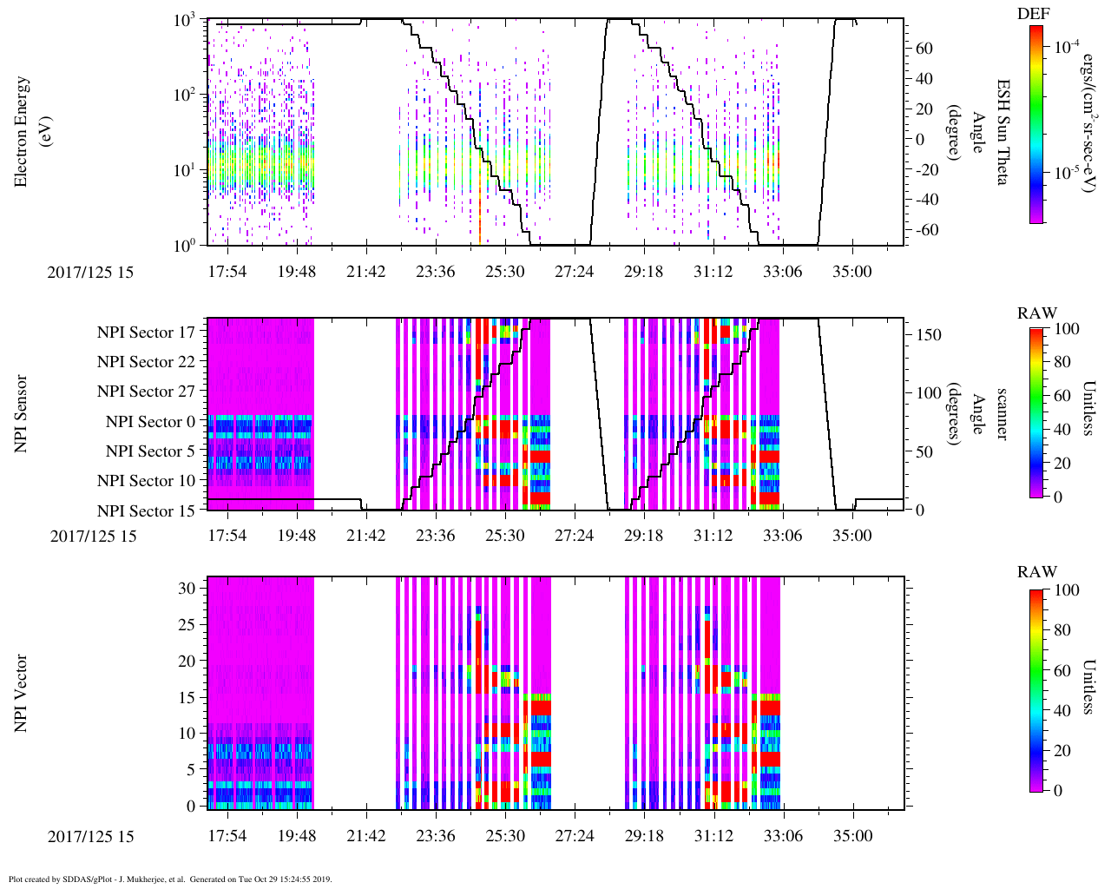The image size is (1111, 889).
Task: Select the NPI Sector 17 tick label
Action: (x=146, y=333)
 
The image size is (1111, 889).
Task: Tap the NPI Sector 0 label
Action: (x=150, y=422)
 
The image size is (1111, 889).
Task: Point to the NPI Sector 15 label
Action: (x=146, y=511)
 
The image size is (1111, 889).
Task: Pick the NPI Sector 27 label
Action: (x=146, y=392)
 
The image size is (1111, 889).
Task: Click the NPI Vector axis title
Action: (x=21, y=694)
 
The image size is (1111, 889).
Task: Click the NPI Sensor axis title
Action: (x=21, y=413)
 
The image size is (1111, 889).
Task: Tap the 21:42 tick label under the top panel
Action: (x=365, y=272)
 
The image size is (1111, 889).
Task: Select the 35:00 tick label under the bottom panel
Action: (x=852, y=836)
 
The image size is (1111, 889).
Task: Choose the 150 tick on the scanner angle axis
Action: (x=929, y=334)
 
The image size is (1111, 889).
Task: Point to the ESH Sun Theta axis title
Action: (x=1003, y=131)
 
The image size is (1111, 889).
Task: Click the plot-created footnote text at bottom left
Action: (x=170, y=879)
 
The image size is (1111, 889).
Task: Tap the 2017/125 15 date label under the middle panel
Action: (x=93, y=536)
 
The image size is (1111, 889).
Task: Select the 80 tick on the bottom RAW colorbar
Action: (x=1060, y=631)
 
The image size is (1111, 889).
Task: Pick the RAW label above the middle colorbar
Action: (x=1036, y=313)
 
